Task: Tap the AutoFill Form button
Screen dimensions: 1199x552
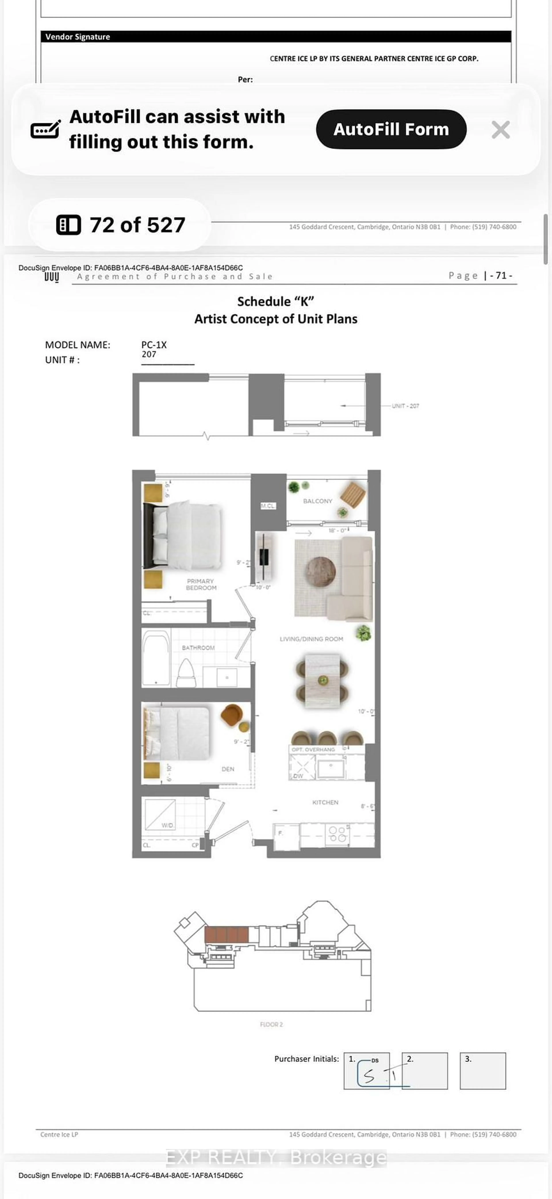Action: pyautogui.click(x=391, y=129)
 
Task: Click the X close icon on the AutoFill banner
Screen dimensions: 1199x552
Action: pyautogui.click(x=500, y=130)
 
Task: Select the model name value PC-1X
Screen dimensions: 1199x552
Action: pyautogui.click(x=154, y=345)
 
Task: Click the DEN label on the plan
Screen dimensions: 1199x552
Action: pyautogui.click(x=228, y=769)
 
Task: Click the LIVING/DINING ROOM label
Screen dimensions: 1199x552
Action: pyautogui.click(x=311, y=639)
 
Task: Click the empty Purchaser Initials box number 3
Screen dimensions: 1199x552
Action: pyautogui.click(x=483, y=1071)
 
